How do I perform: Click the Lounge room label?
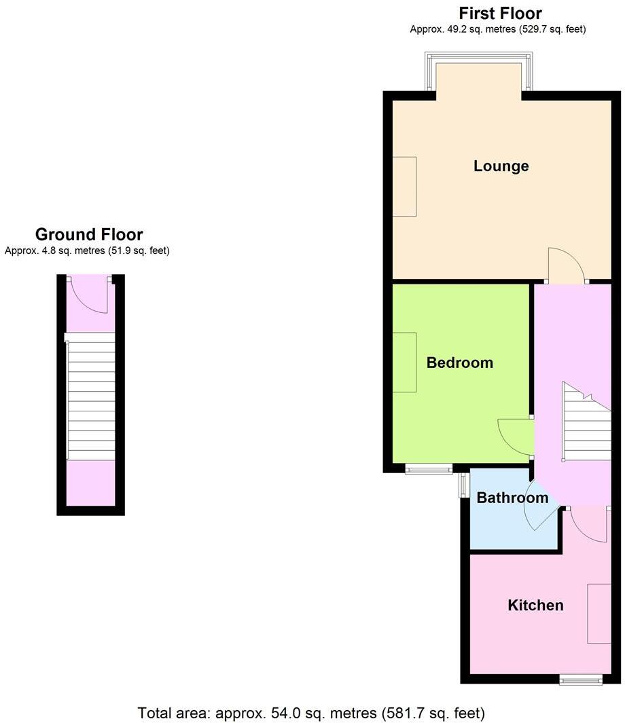(501, 166)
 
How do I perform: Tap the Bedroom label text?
(459, 363)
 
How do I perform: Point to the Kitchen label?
(535, 605)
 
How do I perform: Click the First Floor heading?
(500, 13)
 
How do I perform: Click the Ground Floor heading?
(89, 235)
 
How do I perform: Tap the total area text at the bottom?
(311, 713)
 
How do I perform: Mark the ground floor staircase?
(90, 401)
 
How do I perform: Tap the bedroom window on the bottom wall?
(429, 468)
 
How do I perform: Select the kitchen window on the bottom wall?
(580, 679)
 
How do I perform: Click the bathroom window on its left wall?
(463, 486)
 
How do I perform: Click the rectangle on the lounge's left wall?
(404, 186)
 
